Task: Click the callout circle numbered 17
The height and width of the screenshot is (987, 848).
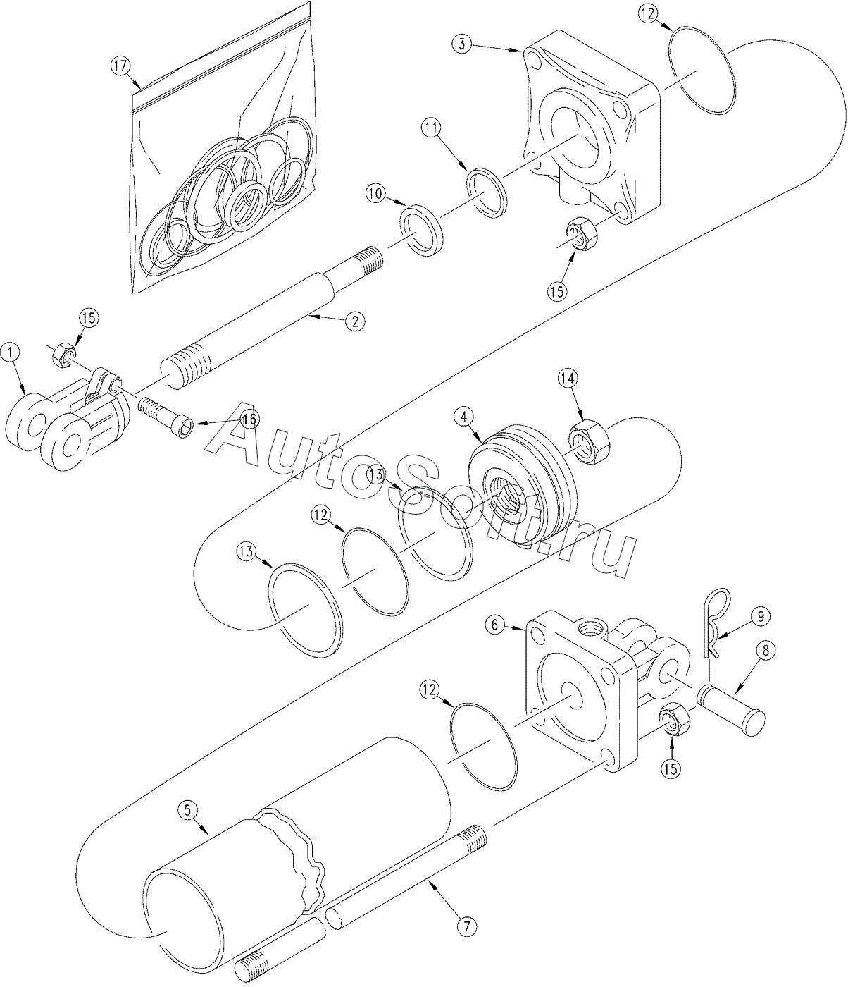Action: tap(120, 66)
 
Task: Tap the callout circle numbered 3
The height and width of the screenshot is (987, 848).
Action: tap(462, 44)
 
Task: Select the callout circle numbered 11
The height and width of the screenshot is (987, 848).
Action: tap(431, 128)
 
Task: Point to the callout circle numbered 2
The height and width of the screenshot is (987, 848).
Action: tap(355, 321)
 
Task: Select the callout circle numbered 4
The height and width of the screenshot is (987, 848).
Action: tap(464, 417)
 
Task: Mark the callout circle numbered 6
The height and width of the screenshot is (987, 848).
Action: tap(495, 625)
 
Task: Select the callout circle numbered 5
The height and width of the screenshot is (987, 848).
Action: tap(187, 810)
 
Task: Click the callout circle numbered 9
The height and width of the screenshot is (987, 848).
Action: tap(760, 616)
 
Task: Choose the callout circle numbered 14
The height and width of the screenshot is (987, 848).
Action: tap(568, 378)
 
